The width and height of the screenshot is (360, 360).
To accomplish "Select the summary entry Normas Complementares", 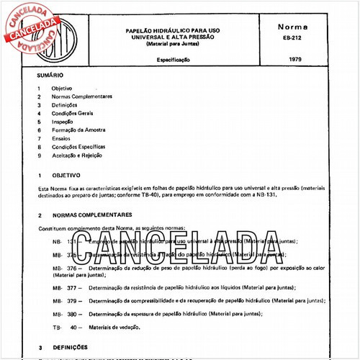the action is click(x=81, y=96).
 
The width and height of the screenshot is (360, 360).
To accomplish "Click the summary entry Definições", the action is click(x=66, y=105).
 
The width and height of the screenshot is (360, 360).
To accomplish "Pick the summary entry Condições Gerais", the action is click(x=72, y=113).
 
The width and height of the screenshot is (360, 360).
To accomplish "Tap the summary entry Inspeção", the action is click(x=63, y=122).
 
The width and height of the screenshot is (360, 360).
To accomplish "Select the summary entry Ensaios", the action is click(x=62, y=138).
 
